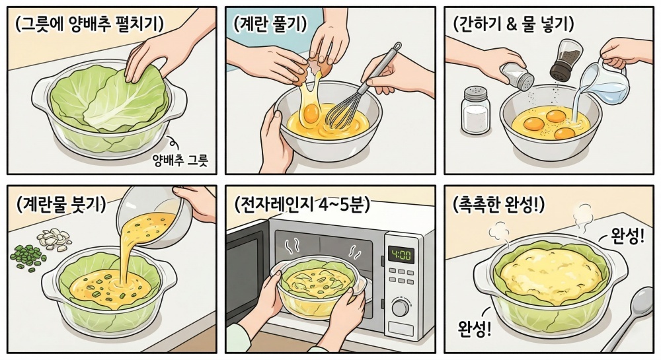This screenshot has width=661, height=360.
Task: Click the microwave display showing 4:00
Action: [x=401, y=255]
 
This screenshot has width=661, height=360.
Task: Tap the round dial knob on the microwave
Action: [x=401, y=307]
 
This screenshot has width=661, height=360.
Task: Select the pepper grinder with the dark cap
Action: [x=563, y=60]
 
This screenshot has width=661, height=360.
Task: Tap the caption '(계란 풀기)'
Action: [x=270, y=24]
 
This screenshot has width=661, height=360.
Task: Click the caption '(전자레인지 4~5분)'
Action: [x=302, y=205]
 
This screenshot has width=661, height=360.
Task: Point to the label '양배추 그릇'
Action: [x=180, y=160]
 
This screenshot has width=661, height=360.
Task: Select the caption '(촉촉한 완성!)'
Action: [x=498, y=205]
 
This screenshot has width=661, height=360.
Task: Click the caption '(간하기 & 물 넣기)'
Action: [x=513, y=25]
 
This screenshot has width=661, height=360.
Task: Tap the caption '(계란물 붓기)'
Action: [x=61, y=205]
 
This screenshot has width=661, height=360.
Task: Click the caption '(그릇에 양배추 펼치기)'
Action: [x=89, y=25]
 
